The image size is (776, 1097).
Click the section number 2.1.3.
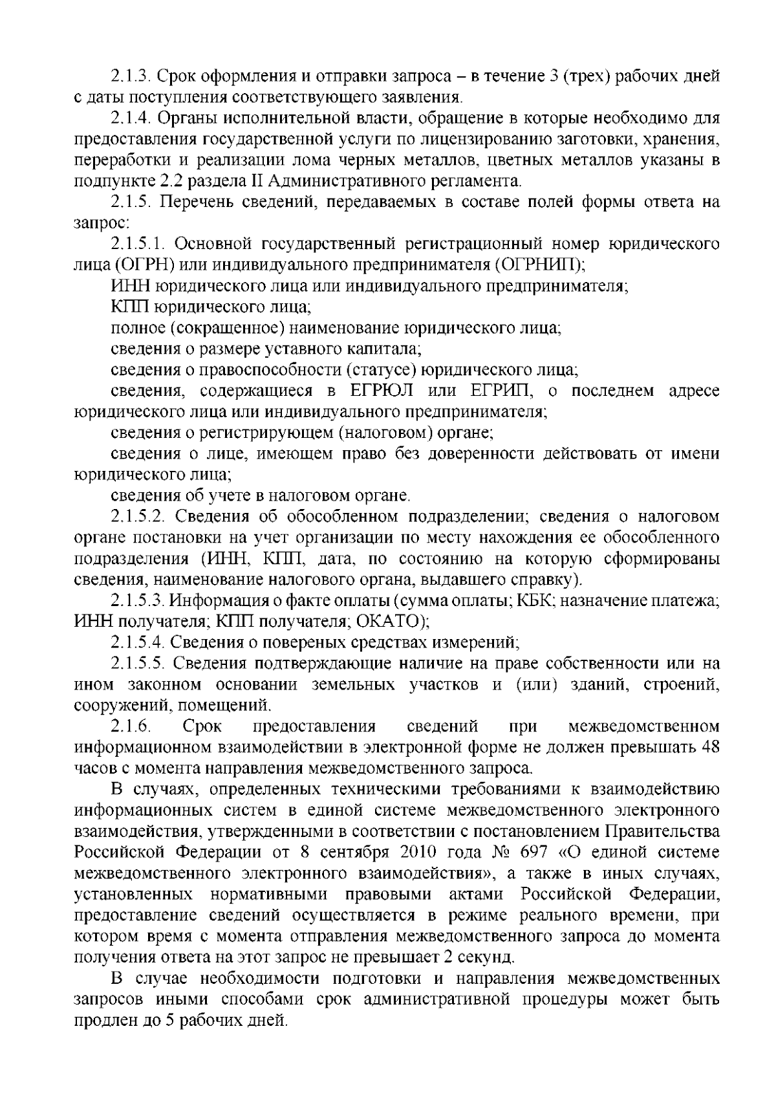[131, 77]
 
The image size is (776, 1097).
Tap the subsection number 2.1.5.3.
[137, 601]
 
